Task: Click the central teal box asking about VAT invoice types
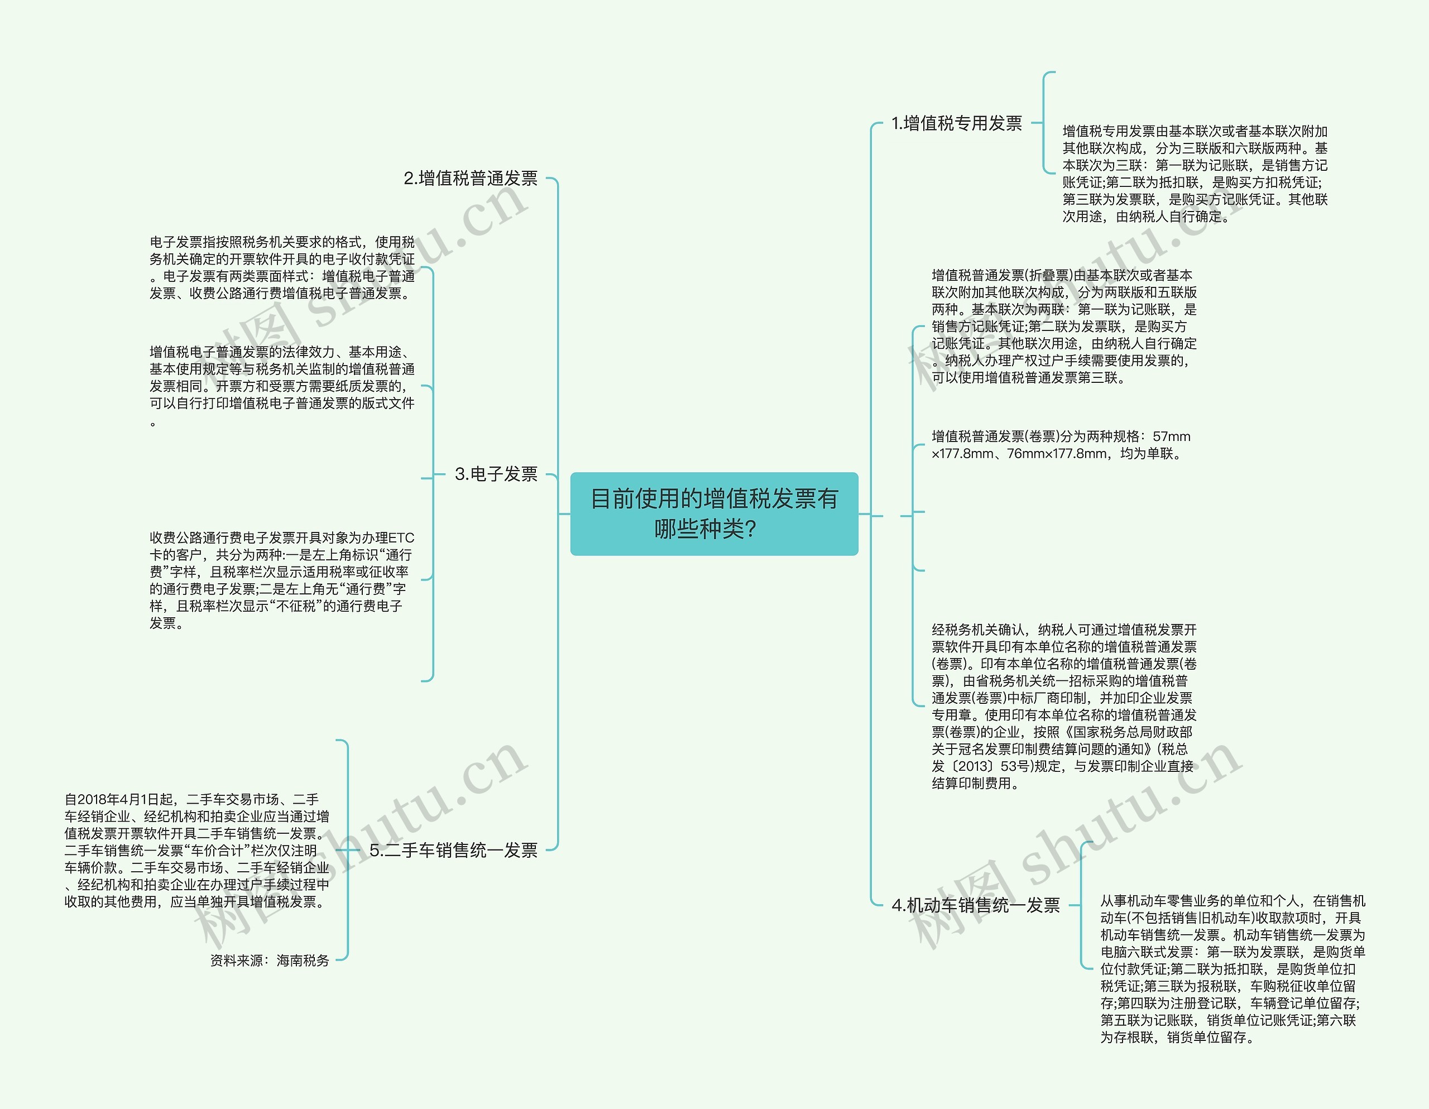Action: pyautogui.click(x=714, y=513)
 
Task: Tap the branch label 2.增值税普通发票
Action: pyautogui.click(x=471, y=178)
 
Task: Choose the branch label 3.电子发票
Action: pyautogui.click(x=495, y=474)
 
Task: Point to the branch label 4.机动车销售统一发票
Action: pyautogui.click(x=975, y=905)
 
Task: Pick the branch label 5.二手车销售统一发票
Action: pyautogui.click(x=453, y=850)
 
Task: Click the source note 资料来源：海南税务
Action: pyautogui.click(x=270, y=960)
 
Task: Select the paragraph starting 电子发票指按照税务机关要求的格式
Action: pyautogui.click(x=282, y=267)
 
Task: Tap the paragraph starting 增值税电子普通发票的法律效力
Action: pyautogui.click(x=282, y=386)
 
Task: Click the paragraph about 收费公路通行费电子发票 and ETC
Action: pyautogui.click(x=282, y=580)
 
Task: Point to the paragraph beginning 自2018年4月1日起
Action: pyautogui.click(x=196, y=850)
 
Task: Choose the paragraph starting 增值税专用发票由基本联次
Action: pyautogui.click(x=1195, y=174)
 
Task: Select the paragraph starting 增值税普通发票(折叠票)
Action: pyautogui.click(x=1064, y=326)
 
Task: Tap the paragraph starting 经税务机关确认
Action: pyautogui.click(x=1064, y=706)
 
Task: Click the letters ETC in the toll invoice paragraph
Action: pyautogui.click(x=401, y=538)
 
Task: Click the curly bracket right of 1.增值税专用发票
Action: pyautogui.click(x=1045, y=122)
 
